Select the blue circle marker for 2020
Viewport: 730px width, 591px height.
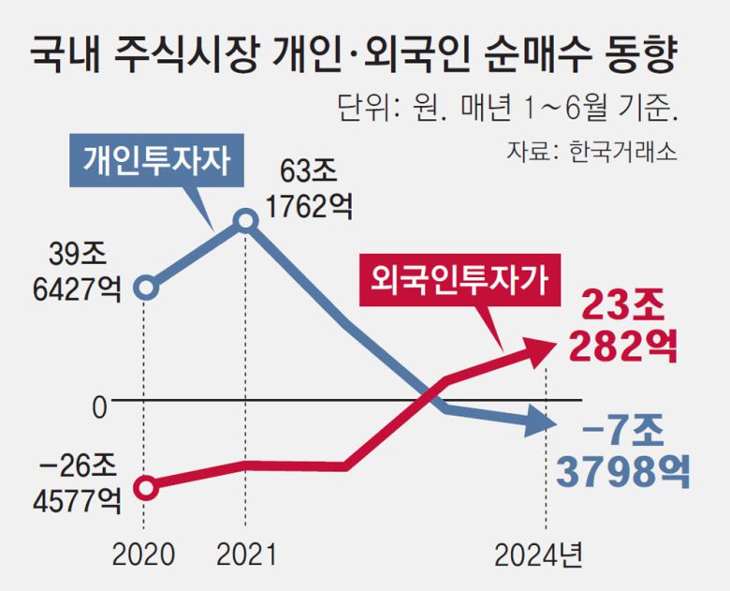point(145,287)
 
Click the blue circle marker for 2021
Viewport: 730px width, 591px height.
point(245,222)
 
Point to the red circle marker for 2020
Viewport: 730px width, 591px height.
point(145,487)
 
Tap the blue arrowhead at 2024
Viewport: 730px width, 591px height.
point(541,424)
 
